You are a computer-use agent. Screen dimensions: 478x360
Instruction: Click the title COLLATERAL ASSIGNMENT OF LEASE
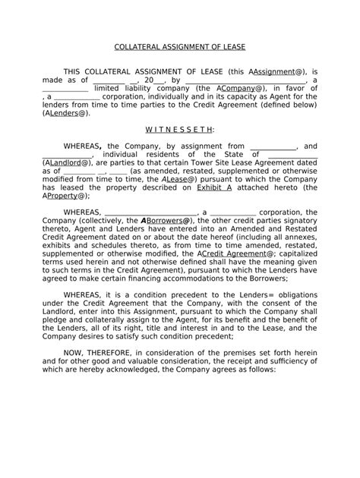tap(179, 46)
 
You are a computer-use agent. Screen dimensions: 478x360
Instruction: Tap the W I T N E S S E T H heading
tap(180, 130)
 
